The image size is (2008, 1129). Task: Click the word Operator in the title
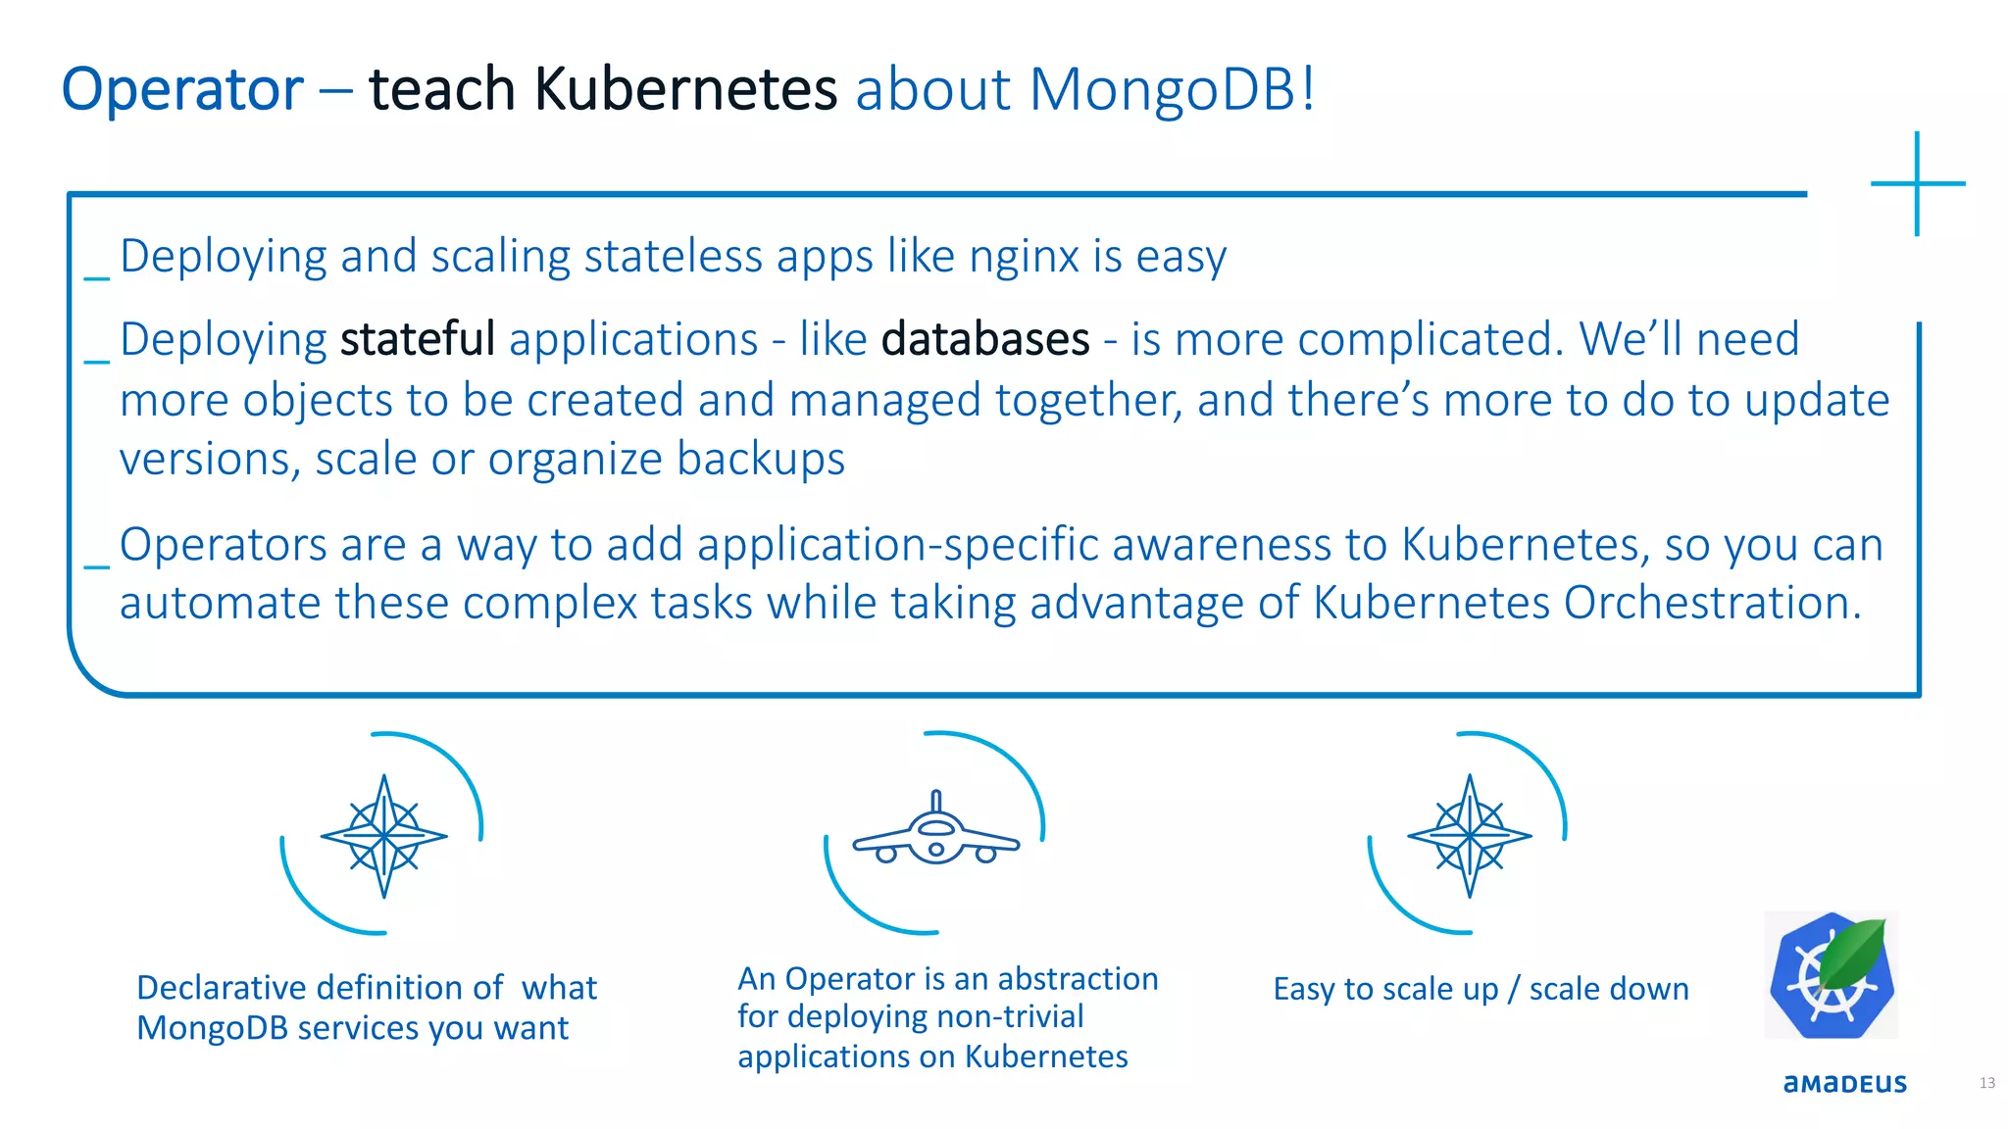pyautogui.click(x=182, y=90)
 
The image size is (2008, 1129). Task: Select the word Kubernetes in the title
pyautogui.click(x=685, y=90)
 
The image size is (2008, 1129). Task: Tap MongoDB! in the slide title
pyautogui.click(x=1171, y=90)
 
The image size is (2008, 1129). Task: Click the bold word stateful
pyautogui.click(x=417, y=340)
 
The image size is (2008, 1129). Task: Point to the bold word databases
pyautogui.click(x=985, y=340)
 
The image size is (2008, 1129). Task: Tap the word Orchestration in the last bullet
pyautogui.click(x=1711, y=604)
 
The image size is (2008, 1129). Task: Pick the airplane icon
pyautogui.click(x=935, y=833)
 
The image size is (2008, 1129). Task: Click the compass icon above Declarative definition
pyautogui.click(x=384, y=836)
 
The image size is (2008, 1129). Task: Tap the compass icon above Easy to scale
pyautogui.click(x=1469, y=836)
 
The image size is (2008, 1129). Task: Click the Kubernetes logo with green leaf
pyautogui.click(x=1832, y=976)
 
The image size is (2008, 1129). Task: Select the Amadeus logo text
pyautogui.click(x=1844, y=1083)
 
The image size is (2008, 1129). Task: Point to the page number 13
pyautogui.click(x=1986, y=1083)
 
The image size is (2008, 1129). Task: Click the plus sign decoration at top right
pyautogui.click(x=1917, y=183)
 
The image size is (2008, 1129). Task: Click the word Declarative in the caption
pyautogui.click(x=220, y=988)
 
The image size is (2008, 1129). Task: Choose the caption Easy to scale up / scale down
pyautogui.click(x=1481, y=990)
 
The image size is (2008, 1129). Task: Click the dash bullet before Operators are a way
pyautogui.click(x=96, y=566)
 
